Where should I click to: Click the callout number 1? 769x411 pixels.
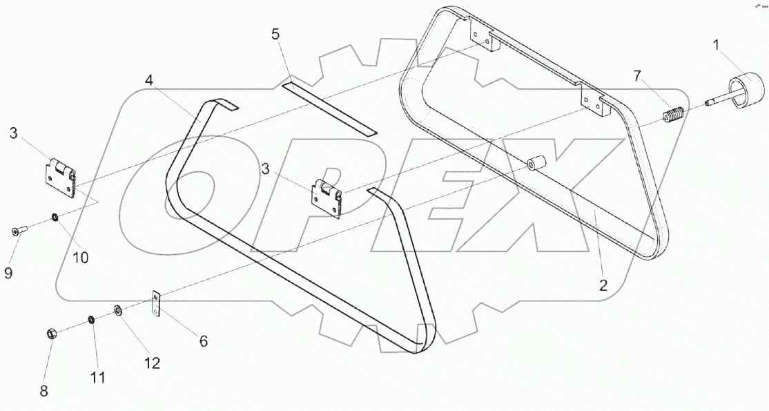point(716,45)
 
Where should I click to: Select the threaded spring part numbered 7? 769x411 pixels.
point(672,115)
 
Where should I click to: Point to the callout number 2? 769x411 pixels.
point(603,285)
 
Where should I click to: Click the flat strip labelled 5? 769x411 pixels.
point(330,109)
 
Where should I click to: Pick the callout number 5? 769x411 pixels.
point(275,35)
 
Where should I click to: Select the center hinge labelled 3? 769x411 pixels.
point(327,198)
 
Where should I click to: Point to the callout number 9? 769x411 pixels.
point(8,273)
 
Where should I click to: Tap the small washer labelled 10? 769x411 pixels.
point(54,219)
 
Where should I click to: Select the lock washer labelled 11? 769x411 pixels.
point(90,320)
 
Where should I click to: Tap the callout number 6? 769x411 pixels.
point(203,341)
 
